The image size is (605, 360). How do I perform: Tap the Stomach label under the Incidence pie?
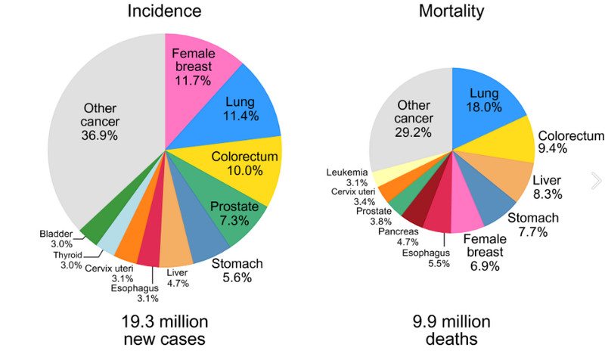click(x=237, y=264)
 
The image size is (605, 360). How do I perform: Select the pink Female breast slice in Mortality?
click(x=464, y=219)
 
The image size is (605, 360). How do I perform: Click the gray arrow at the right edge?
click(x=596, y=180)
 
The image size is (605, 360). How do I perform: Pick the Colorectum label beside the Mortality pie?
click(x=570, y=136)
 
